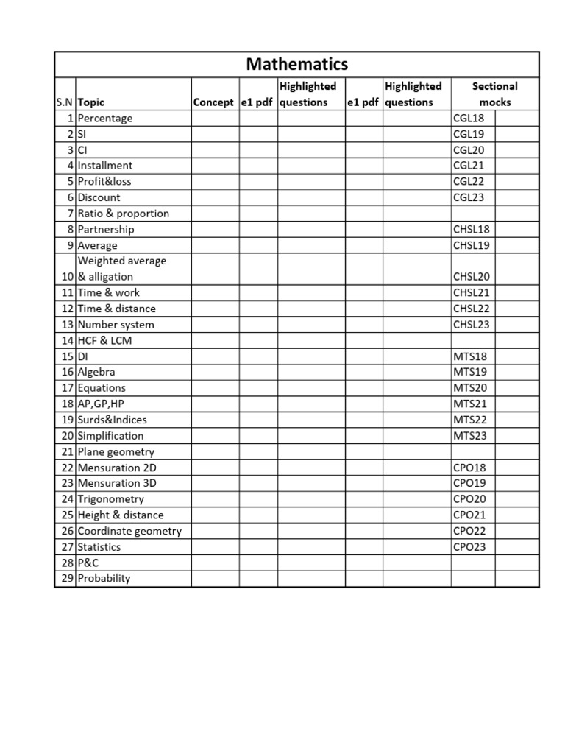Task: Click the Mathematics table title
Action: [x=296, y=64]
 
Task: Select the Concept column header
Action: [x=213, y=102]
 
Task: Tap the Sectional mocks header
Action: [x=494, y=94]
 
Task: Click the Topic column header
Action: [x=91, y=102]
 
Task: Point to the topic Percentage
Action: [x=104, y=118]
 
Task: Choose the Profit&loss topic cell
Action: [x=104, y=181]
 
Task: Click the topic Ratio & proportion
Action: [x=123, y=214]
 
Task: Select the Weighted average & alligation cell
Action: [x=121, y=269]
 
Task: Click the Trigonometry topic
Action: [x=110, y=499]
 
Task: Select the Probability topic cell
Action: [x=104, y=578]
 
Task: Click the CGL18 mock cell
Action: [x=470, y=118]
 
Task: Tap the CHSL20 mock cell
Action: [x=472, y=277]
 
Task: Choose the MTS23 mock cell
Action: [x=470, y=436]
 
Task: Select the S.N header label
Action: [x=65, y=102]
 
